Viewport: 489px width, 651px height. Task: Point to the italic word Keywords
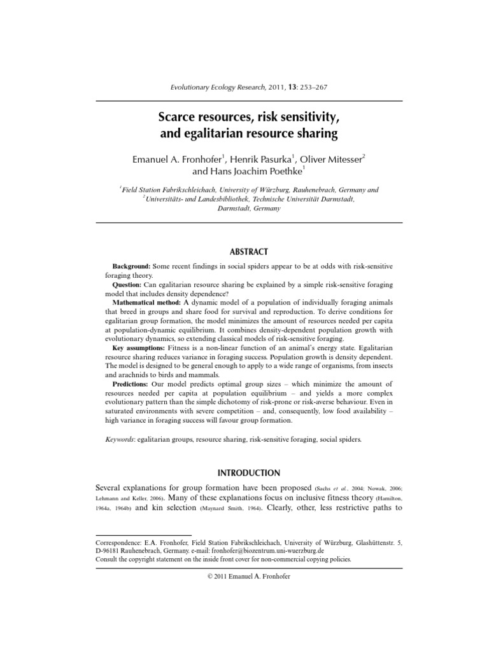click(x=118, y=439)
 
